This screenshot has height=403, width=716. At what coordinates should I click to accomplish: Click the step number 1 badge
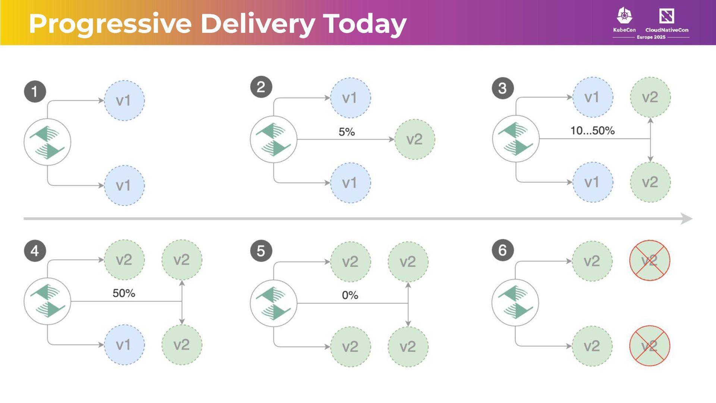pyautogui.click(x=35, y=91)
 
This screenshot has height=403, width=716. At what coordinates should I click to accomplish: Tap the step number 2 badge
pyautogui.click(x=261, y=87)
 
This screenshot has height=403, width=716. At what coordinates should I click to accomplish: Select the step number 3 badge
pyautogui.click(x=503, y=88)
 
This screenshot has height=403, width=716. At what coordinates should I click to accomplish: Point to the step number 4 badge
pyautogui.click(x=35, y=251)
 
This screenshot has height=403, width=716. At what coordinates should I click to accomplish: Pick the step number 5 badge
pyautogui.click(x=261, y=251)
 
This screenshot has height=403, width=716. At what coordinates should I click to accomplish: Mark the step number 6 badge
pyautogui.click(x=503, y=250)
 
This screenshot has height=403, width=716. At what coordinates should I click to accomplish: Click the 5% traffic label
pyautogui.click(x=346, y=132)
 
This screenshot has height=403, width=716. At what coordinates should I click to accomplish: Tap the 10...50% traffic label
pyautogui.click(x=592, y=131)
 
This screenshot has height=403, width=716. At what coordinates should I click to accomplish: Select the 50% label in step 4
pyautogui.click(x=124, y=293)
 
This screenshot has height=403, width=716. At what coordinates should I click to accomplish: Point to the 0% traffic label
pyautogui.click(x=350, y=296)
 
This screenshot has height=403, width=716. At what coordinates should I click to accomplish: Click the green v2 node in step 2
pyautogui.click(x=414, y=140)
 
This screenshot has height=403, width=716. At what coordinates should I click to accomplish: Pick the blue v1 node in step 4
pyautogui.click(x=124, y=345)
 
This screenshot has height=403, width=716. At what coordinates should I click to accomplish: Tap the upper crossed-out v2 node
pyautogui.click(x=650, y=260)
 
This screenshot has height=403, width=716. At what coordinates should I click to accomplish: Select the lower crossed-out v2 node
pyautogui.click(x=650, y=346)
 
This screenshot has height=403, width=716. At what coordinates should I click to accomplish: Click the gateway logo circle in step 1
pyautogui.click(x=47, y=142)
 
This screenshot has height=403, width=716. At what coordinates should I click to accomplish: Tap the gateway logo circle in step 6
pyautogui.click(x=515, y=302)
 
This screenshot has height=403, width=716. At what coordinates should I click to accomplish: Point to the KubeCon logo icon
pyautogui.click(x=624, y=16)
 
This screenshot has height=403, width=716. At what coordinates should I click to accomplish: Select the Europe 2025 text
pyautogui.click(x=651, y=37)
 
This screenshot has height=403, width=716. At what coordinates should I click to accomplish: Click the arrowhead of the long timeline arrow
pyautogui.click(x=686, y=219)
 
